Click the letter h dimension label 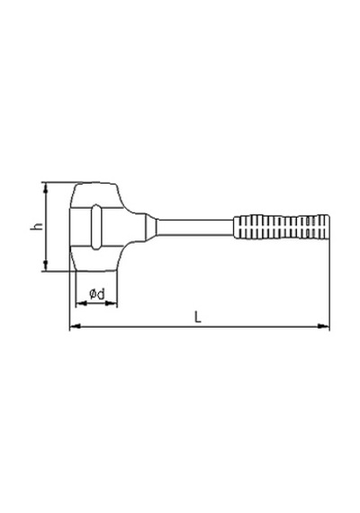[x=37, y=227]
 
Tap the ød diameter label [x=97, y=293]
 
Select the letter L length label [x=197, y=317]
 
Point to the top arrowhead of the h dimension [x=46, y=187]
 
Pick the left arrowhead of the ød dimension [x=81, y=303]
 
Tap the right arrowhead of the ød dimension [x=112, y=303]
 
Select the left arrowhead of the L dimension [x=76, y=326]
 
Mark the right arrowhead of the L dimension [x=324, y=326]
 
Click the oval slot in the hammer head [x=96, y=227]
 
